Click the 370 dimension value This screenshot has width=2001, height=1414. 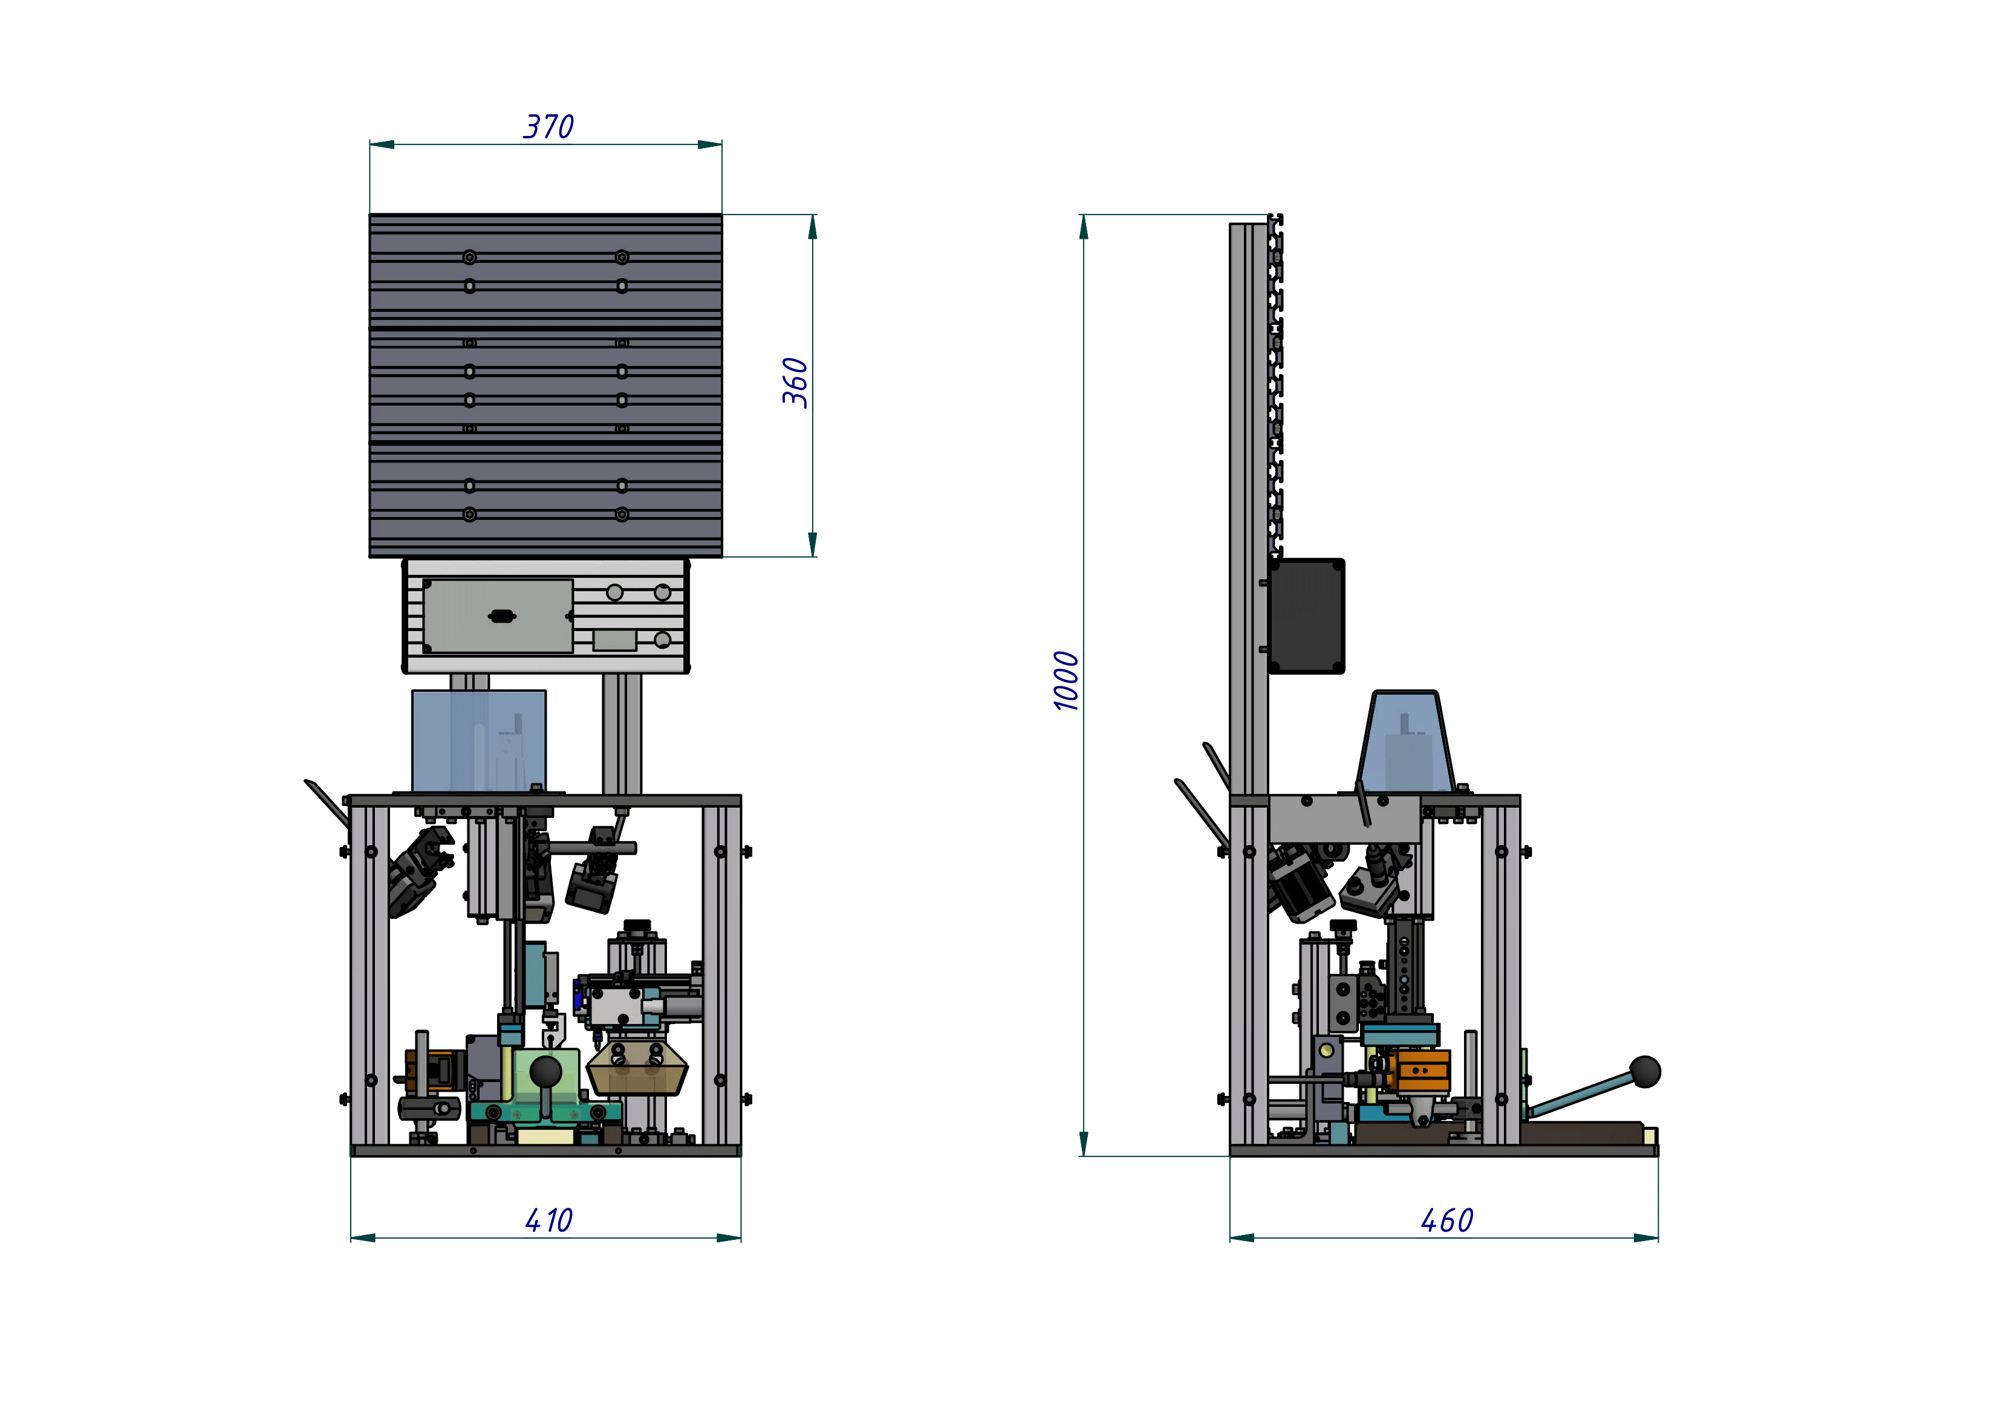(548, 127)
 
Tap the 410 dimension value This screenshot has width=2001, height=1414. (548, 1220)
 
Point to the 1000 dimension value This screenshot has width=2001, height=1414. (1066, 681)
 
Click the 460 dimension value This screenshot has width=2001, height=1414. (1446, 1220)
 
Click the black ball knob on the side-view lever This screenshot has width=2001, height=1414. (1645, 1072)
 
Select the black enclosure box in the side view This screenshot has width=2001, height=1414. (1306, 616)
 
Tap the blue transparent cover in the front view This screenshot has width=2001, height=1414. (478, 741)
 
